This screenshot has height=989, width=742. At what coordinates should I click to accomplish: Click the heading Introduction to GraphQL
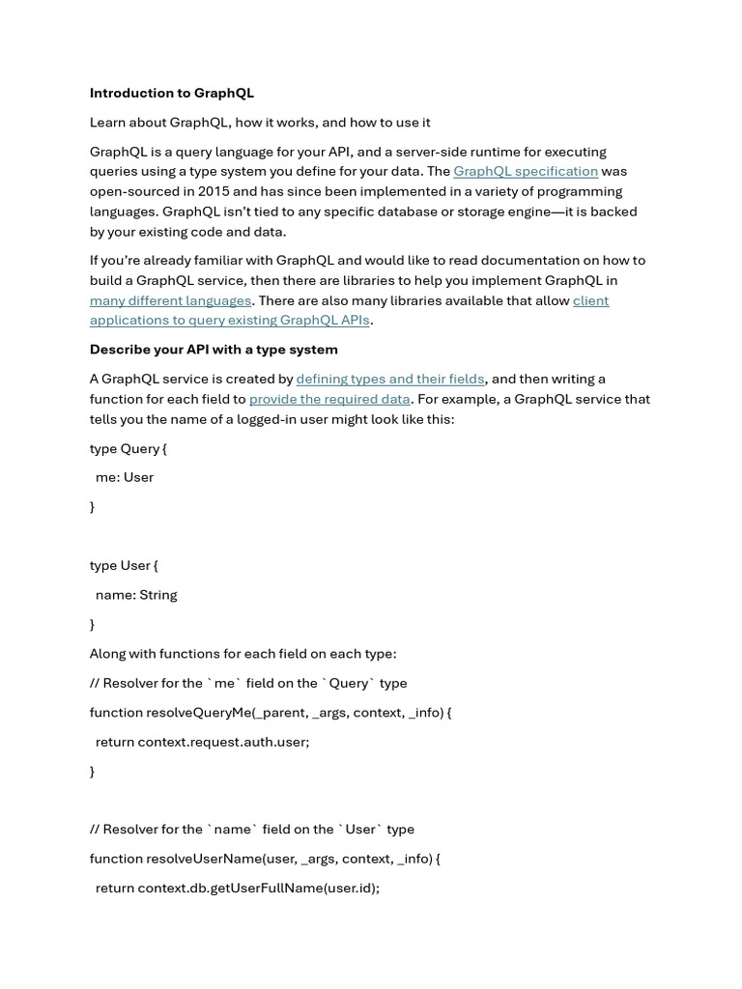[172, 94]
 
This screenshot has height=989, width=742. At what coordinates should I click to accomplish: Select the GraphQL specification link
[526, 172]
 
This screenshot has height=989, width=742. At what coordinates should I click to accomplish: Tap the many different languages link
[170, 300]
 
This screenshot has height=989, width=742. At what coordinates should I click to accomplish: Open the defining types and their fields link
[389, 380]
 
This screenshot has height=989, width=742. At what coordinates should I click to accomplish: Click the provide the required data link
[329, 399]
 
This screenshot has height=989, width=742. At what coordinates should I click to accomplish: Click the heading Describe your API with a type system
[214, 350]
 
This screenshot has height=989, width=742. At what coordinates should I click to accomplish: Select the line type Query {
[128, 448]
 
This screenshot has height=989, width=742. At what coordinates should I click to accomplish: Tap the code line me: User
[125, 477]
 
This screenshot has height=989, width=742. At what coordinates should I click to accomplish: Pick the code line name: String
[136, 595]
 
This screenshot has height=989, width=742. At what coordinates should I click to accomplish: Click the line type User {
[124, 566]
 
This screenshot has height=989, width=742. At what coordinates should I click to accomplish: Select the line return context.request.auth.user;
[202, 742]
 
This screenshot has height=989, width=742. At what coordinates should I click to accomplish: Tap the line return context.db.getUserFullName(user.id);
[237, 888]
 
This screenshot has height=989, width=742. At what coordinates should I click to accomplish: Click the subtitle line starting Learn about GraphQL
[260, 123]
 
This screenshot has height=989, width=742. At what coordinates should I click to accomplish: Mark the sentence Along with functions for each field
[243, 654]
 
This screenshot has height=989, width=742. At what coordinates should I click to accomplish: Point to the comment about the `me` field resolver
[248, 684]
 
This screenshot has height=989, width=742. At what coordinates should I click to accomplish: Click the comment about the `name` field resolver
[251, 830]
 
